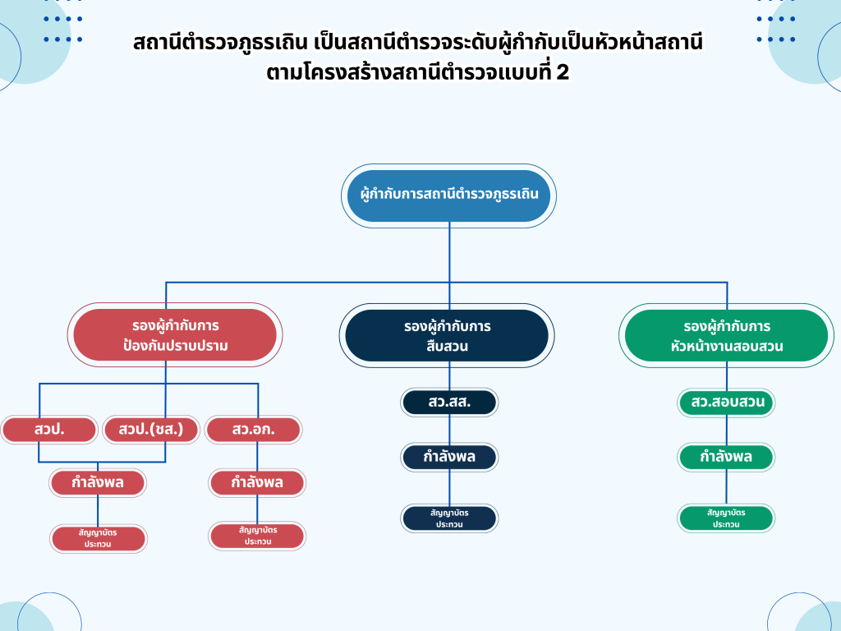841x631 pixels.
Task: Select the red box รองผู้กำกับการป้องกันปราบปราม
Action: coord(174,335)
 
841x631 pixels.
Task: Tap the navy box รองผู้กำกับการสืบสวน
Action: coord(447,335)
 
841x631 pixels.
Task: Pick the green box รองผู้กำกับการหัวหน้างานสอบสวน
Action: coord(726,335)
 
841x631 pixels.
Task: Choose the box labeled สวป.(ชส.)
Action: coord(151,429)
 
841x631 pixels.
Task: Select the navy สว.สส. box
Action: coord(449,403)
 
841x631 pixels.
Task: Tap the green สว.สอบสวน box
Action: coord(726,403)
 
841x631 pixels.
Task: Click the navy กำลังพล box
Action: coord(449,457)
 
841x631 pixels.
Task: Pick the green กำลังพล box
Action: coord(726,457)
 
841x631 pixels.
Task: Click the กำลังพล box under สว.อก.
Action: coord(257,482)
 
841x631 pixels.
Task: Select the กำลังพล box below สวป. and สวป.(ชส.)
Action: coord(98,482)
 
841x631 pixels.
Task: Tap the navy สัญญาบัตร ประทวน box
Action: coord(449,518)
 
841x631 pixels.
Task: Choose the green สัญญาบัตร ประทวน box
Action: coord(726,518)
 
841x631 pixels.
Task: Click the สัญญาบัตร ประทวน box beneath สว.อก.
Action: coord(257,536)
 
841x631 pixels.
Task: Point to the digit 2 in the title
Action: coord(563,72)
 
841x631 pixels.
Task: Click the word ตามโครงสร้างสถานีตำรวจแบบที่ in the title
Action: coord(408,72)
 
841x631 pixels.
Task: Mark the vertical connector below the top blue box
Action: coord(449,255)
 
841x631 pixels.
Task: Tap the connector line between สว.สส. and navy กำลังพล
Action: coord(449,430)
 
